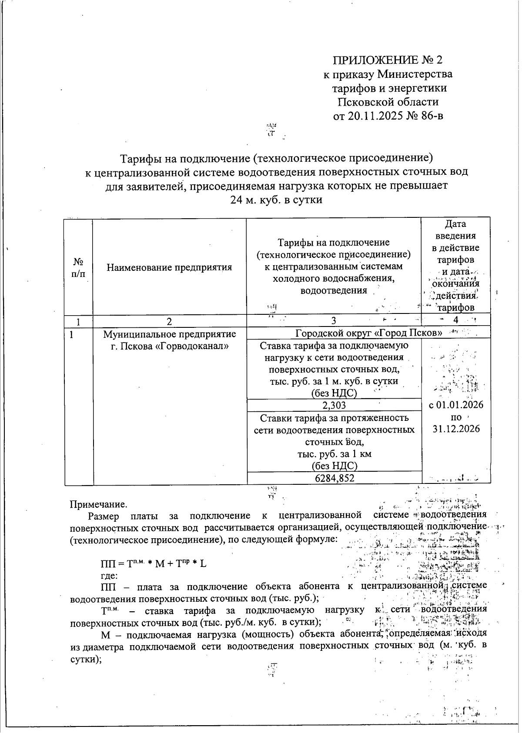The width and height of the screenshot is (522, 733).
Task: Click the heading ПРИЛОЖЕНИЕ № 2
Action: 388,60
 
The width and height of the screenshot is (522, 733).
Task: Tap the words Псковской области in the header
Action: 388,102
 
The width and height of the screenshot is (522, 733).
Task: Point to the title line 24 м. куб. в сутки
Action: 276,200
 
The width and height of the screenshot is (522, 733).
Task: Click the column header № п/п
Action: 78,267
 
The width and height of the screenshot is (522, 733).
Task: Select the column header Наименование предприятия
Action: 169,267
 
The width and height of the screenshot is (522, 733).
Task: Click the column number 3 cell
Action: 333,321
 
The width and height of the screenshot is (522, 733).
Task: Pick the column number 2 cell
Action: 169,321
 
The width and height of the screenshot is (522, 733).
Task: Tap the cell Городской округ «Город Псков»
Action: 369,333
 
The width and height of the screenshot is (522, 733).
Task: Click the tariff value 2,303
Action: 334,405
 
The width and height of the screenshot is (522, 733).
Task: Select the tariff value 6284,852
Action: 334,478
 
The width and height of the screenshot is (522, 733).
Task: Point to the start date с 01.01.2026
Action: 456,405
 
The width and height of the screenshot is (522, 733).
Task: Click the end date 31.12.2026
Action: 456,429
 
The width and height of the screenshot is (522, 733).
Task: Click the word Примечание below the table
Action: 99,504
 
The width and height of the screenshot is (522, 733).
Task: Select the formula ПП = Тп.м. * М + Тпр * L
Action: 154,564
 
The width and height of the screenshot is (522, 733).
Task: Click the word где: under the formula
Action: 109,576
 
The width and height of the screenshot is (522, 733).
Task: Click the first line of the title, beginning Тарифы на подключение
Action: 277,157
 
